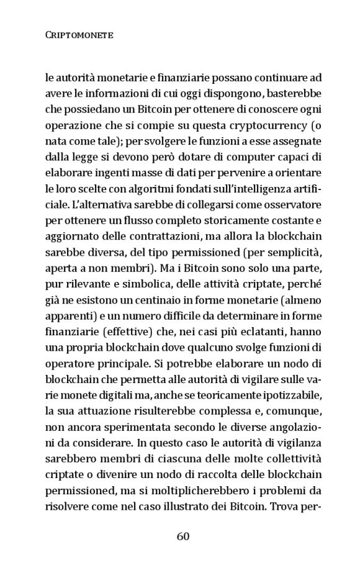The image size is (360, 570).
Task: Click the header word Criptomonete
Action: (79, 37)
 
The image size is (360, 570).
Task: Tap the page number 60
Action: (182, 536)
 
